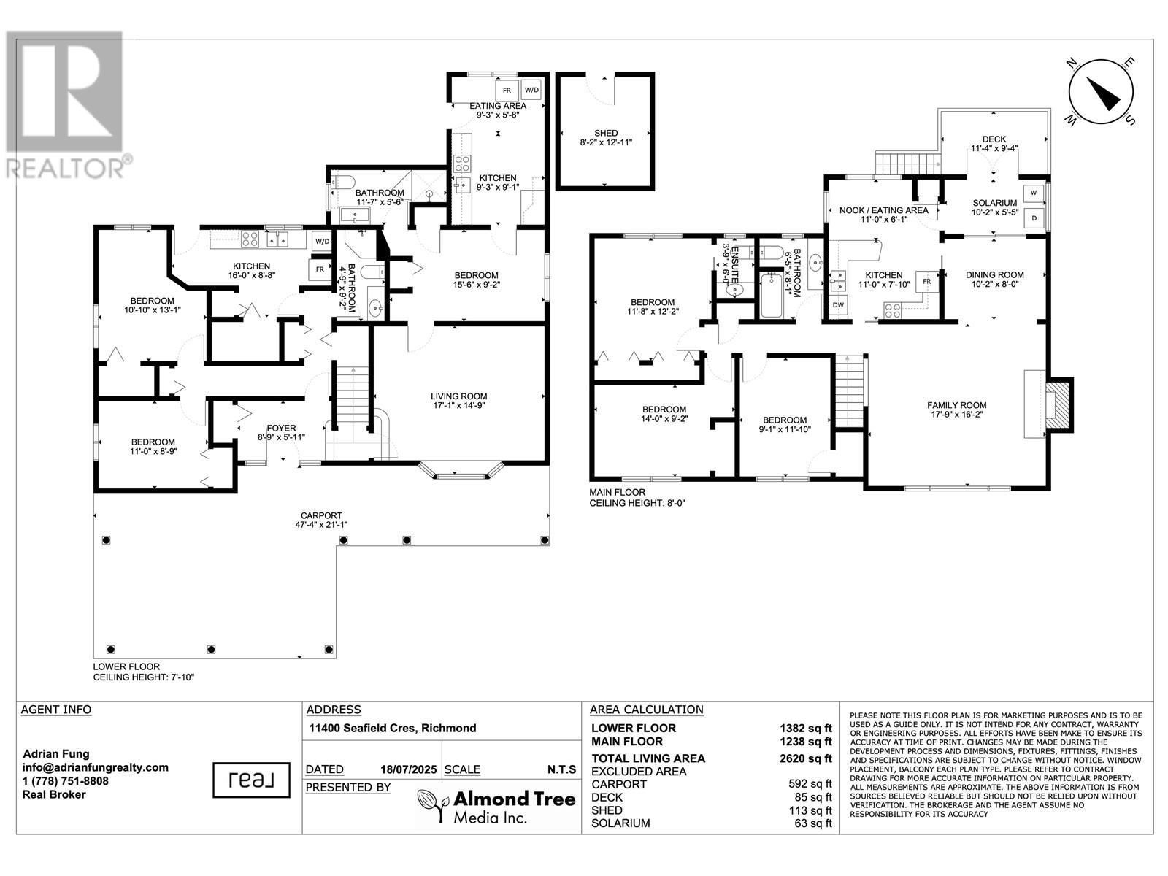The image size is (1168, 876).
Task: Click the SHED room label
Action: point(606,133)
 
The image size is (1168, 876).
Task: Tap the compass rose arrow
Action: point(1103,94)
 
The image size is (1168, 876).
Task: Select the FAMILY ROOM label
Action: point(956,405)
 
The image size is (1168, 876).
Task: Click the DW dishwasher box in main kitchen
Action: point(838,305)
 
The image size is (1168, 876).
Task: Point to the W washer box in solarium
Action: point(1034,193)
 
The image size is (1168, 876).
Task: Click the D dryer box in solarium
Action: point(1034,218)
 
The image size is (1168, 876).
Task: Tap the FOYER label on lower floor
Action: point(281,429)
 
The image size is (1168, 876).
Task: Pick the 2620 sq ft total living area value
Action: point(806,758)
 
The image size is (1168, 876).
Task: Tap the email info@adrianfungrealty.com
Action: point(95,767)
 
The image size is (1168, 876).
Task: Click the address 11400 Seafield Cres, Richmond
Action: point(392,728)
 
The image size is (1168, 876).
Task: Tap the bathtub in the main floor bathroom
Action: point(771,296)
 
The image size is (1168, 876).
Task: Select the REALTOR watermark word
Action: point(66,168)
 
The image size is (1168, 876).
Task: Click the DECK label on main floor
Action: point(994,139)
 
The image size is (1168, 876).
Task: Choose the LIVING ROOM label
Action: point(458,396)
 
